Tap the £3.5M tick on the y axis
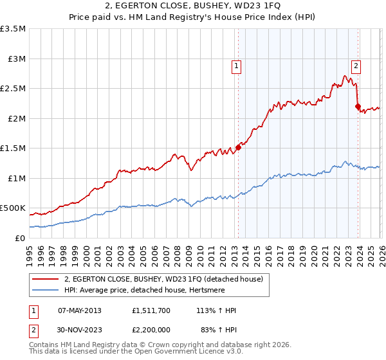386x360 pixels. coord(13,29)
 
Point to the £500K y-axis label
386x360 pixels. coord(13,208)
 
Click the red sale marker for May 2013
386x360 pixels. coord(238,147)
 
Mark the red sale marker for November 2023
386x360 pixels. coord(358,107)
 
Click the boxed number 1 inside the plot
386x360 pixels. coord(237,65)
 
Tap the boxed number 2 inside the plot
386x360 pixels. coord(356,64)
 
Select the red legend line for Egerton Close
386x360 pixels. coord(46,280)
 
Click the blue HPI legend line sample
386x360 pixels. coord(46,291)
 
